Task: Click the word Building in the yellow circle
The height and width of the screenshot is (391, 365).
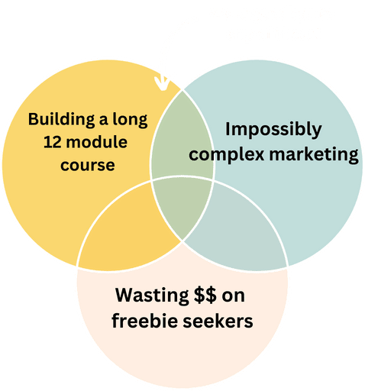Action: pyautogui.click(x=61, y=119)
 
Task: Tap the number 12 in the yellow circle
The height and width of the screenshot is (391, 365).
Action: pyautogui.click(x=52, y=142)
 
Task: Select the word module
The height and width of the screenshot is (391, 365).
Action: pyautogui.click(x=96, y=142)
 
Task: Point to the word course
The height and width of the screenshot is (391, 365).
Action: pyautogui.click(x=88, y=166)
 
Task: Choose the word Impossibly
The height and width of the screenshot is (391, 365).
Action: pyautogui.click(x=273, y=130)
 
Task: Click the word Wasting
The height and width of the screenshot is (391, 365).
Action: pyautogui.click(x=152, y=296)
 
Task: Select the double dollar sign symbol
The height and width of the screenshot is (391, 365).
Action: pyautogui.click(x=205, y=295)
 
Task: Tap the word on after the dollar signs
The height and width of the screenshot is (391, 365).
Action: pyautogui.click(x=233, y=297)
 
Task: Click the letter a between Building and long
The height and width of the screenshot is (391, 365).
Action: pyautogui.click(x=104, y=120)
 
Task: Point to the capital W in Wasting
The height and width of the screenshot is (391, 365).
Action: pyautogui.click(x=124, y=295)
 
